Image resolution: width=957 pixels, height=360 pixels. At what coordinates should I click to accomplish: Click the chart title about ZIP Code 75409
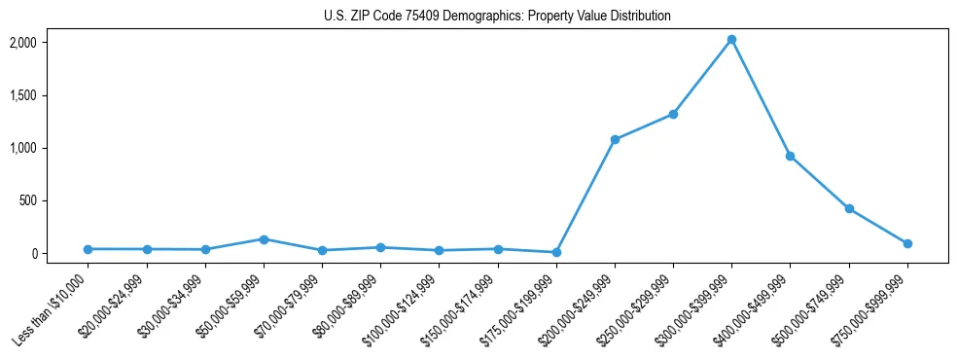point(497,17)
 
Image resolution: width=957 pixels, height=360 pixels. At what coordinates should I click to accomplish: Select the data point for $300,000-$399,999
point(731,40)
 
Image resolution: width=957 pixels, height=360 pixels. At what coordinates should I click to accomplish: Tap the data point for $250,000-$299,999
point(673,114)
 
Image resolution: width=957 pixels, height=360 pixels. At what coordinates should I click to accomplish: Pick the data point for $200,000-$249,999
point(615,139)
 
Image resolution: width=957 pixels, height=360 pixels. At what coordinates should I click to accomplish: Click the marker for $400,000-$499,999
point(790,156)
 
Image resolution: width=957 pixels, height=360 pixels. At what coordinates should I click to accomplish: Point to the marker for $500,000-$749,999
point(849,208)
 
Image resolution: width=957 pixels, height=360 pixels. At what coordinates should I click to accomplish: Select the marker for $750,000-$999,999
point(907,243)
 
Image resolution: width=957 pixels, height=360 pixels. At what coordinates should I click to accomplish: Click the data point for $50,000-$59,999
point(264,238)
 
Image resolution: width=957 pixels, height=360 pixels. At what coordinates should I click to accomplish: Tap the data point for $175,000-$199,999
point(556,252)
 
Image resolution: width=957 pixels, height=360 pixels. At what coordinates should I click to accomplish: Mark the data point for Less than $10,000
point(88,249)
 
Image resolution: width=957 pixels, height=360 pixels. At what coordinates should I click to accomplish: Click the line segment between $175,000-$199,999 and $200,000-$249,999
point(585,196)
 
